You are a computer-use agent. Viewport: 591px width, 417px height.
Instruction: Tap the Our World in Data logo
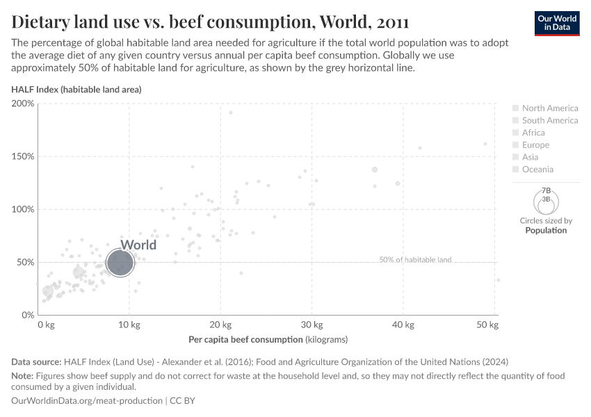pyautogui.click(x=557, y=23)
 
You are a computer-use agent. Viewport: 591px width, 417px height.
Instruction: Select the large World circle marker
pyautogui.click(x=120, y=263)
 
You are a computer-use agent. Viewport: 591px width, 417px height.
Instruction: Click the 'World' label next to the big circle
pyautogui.click(x=138, y=245)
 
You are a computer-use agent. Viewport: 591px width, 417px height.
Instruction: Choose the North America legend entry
pyautogui.click(x=549, y=108)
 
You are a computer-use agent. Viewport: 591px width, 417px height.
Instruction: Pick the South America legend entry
pyautogui.click(x=549, y=120)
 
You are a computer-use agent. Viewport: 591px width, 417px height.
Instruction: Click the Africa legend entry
pyautogui.click(x=533, y=133)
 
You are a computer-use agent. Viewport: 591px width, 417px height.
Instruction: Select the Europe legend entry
pyautogui.click(x=535, y=145)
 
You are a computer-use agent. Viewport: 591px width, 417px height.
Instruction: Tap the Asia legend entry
pyautogui.click(x=531, y=157)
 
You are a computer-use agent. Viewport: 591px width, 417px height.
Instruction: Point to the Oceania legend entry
pyautogui.click(x=537, y=170)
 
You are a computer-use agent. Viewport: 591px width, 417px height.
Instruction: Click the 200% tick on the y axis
pyautogui.click(x=24, y=104)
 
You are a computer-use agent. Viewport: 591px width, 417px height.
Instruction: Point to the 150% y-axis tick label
pyautogui.click(x=24, y=156)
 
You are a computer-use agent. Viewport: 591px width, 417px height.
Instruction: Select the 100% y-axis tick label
pyautogui.click(x=24, y=209)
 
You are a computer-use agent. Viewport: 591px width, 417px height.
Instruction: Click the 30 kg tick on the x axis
pyautogui.click(x=311, y=325)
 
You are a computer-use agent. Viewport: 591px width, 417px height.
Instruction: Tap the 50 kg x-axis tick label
pyautogui.click(x=489, y=325)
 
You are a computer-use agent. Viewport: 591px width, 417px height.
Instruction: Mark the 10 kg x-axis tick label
pyautogui.click(x=129, y=325)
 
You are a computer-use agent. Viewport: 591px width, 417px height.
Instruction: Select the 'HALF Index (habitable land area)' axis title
pyautogui.click(x=76, y=90)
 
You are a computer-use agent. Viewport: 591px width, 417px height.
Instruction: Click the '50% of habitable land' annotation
pyautogui.click(x=415, y=260)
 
